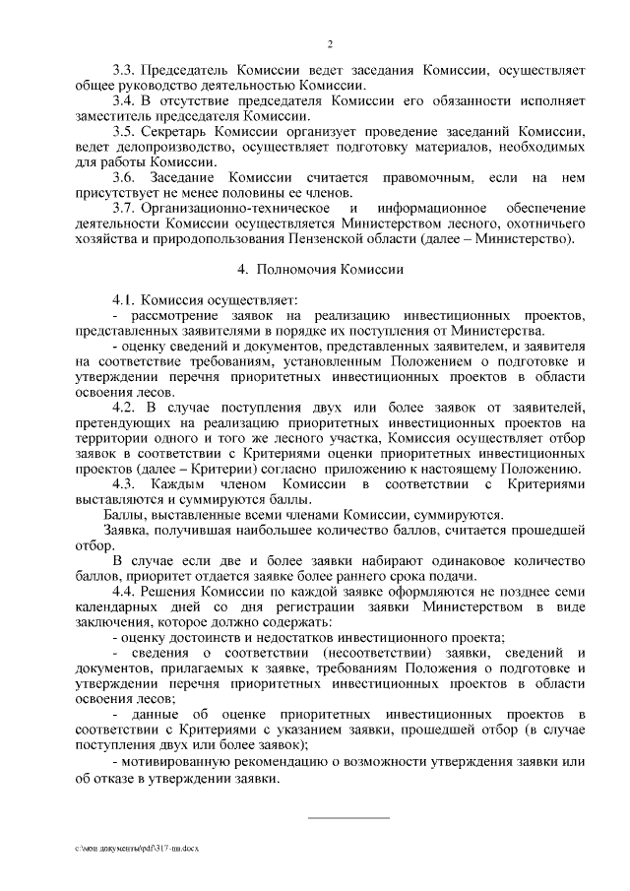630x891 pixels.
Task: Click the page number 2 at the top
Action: [x=331, y=42]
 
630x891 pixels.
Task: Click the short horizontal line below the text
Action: [x=349, y=815]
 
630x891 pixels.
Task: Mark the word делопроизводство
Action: [x=163, y=146]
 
